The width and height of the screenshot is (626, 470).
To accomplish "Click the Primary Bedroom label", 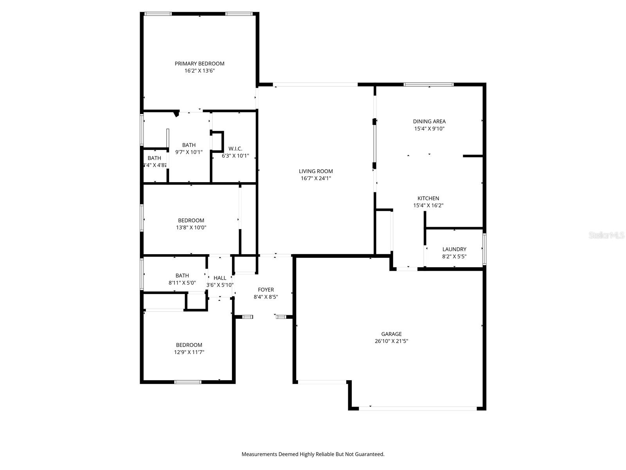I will [x=199, y=63].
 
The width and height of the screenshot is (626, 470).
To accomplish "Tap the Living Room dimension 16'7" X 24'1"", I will [x=316, y=178].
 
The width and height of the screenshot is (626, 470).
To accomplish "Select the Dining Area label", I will [x=429, y=121].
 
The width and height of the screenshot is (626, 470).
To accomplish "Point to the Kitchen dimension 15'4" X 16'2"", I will [x=428, y=205].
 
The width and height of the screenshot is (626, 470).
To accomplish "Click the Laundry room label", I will [x=454, y=249].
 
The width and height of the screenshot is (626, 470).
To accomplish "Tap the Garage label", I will [x=391, y=334].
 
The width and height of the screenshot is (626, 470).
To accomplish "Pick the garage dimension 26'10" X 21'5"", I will [x=391, y=341].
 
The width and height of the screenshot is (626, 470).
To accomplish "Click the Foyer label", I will [x=266, y=290].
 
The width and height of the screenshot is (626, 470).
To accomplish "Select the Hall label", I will [x=220, y=278].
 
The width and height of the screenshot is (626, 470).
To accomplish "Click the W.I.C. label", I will [x=235, y=149].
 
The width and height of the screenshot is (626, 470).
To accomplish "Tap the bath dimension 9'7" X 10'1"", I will [x=189, y=152].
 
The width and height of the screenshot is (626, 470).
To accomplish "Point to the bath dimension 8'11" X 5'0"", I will [x=182, y=282].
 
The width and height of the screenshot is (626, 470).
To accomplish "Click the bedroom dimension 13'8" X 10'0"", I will [x=191, y=228].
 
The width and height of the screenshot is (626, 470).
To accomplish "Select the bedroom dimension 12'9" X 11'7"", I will [x=189, y=352].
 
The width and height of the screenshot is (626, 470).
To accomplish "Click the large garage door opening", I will [x=418, y=409].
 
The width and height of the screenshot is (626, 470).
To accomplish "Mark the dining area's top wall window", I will [x=428, y=84].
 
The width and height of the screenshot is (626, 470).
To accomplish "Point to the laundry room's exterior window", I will [x=484, y=249].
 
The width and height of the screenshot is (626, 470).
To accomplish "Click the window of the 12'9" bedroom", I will [x=188, y=381].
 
